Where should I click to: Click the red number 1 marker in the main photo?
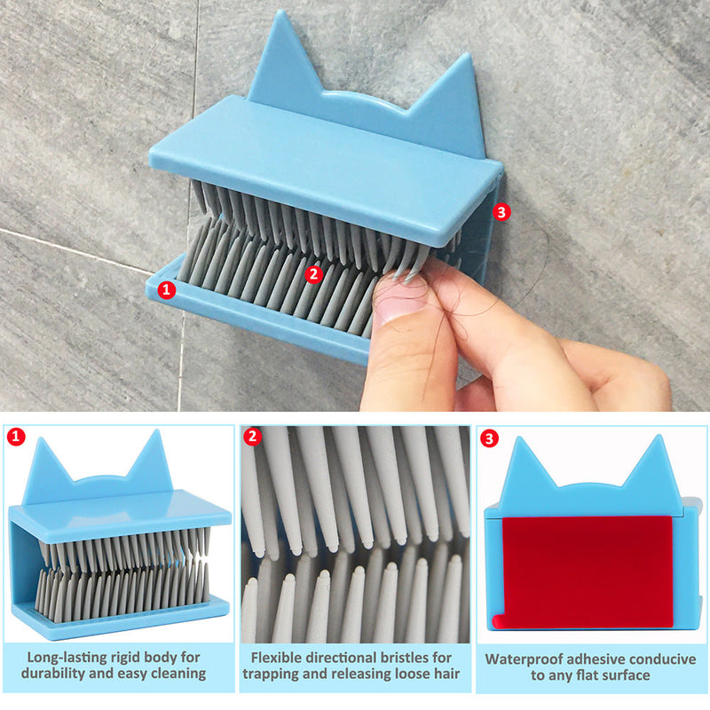pos(166,289)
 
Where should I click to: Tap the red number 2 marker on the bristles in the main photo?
pos(314,274)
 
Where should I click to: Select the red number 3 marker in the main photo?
pos(501,212)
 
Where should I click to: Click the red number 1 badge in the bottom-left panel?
pos(16,437)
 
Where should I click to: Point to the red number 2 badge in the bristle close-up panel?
pos(253,437)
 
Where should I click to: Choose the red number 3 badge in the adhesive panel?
pos(489,438)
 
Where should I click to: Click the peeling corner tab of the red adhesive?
pos(499,621)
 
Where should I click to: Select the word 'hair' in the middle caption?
pos(447,674)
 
